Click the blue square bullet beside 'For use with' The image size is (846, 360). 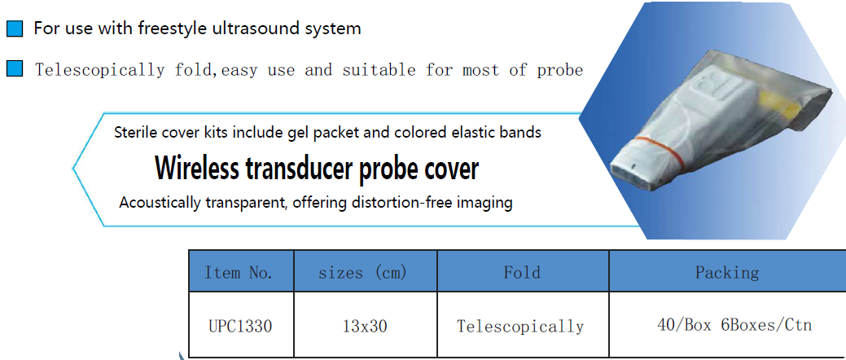(15, 29)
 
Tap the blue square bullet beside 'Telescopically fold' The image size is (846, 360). (15, 69)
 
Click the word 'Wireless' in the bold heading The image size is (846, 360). (196, 169)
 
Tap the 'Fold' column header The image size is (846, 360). (522, 272)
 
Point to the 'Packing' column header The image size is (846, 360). (727, 272)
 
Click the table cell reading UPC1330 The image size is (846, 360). (240, 327)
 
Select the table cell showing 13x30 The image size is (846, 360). (365, 327)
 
